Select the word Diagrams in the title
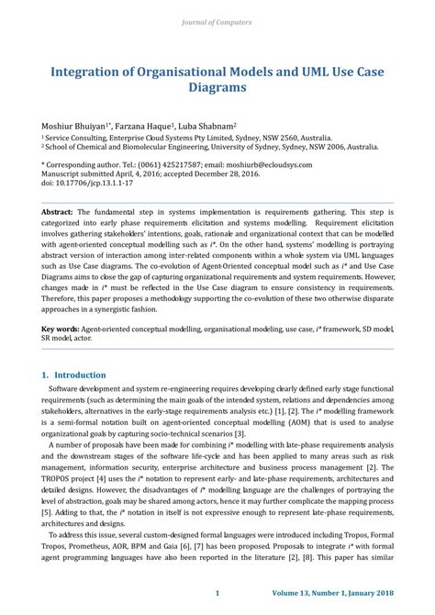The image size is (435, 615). (x=217, y=89)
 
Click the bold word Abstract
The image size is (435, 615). (x=58, y=211)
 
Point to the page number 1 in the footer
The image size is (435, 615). (x=217, y=593)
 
